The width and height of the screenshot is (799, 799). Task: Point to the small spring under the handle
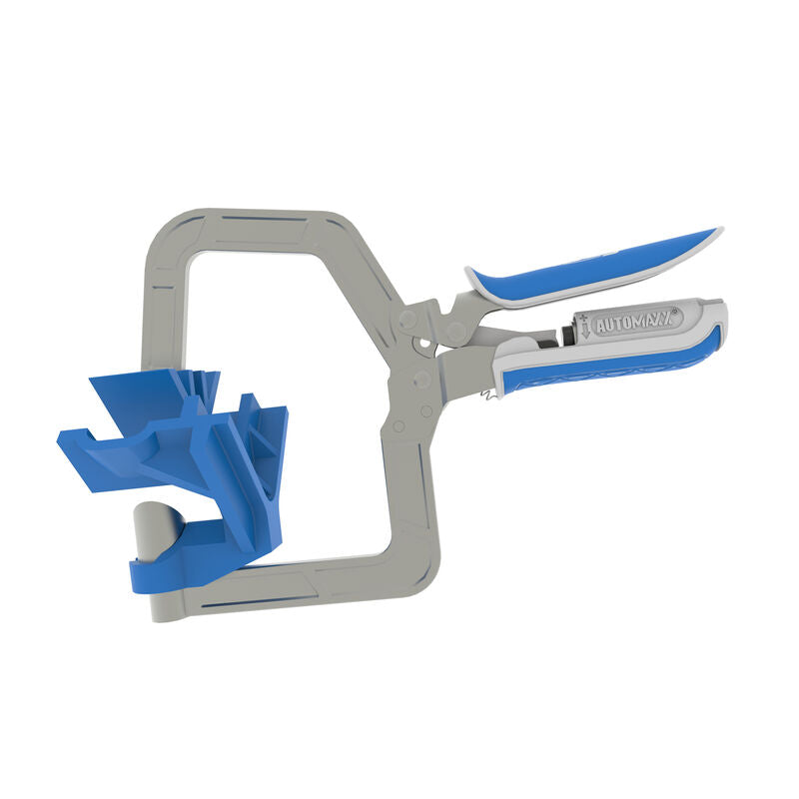(x=487, y=394)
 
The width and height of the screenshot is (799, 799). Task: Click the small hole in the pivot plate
(x=429, y=348)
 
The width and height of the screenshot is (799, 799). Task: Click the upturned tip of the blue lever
(x=711, y=236)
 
